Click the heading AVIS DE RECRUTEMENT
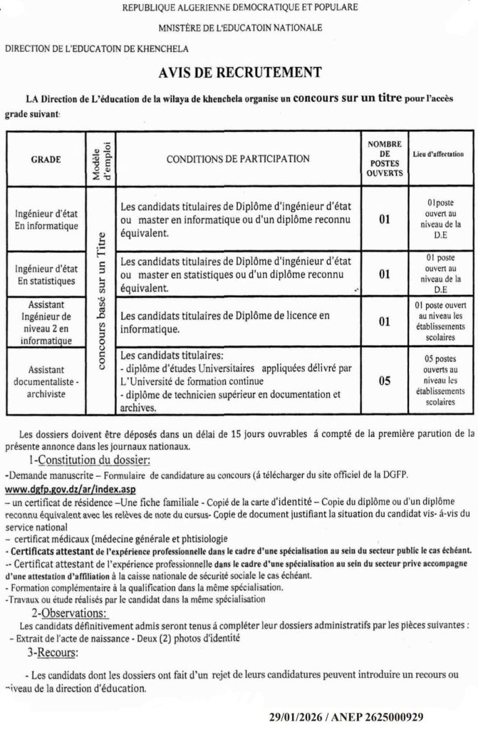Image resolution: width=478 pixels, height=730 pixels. pyautogui.click(x=239, y=73)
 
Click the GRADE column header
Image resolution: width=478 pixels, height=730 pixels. pyautogui.click(x=46, y=159)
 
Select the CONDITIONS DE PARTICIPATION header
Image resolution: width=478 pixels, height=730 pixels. pyautogui.click(x=238, y=159)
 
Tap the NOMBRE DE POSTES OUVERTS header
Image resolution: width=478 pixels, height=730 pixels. pyautogui.click(x=384, y=159)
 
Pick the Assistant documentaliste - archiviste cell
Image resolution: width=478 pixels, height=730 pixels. pyautogui.click(x=47, y=381)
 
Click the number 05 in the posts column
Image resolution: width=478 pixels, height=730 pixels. pyautogui.click(x=384, y=381)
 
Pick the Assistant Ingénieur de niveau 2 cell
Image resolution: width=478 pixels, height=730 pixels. pyautogui.click(x=47, y=322)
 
